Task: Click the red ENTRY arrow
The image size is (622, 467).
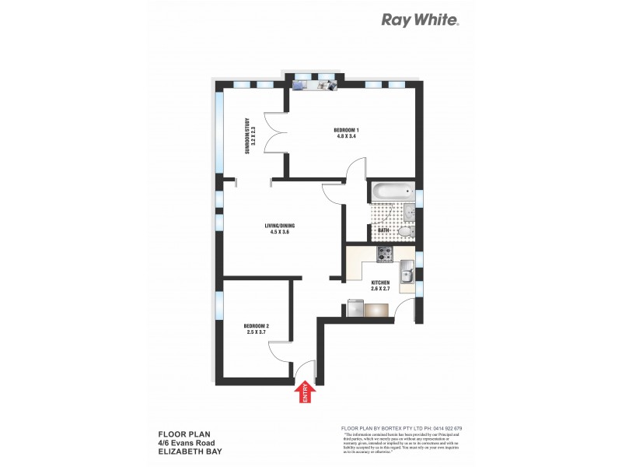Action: coord(304,392)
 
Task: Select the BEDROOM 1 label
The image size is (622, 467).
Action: coord(346,129)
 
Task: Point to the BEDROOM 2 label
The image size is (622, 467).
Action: coord(256,325)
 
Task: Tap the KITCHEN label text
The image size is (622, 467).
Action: coord(380,283)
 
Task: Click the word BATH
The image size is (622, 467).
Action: coord(383,230)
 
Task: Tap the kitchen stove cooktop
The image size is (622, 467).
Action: coord(385,254)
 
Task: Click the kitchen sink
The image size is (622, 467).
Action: coord(406,272)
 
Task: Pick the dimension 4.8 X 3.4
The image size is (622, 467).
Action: coord(346,136)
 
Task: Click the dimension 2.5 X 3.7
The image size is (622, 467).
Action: coord(256,332)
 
